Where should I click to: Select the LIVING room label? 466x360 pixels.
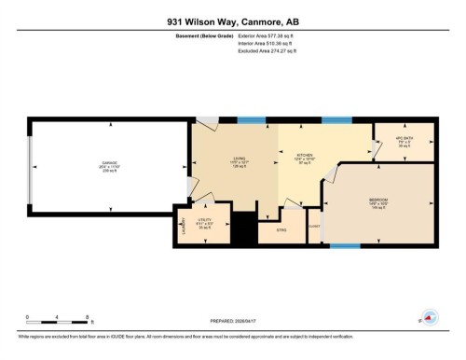coord(239,159)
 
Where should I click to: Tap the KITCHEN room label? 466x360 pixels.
coord(305,156)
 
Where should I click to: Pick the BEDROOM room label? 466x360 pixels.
coord(379,200)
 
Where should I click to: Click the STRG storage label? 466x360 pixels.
coord(283,228)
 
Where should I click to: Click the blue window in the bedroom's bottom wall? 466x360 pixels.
coord(345,246)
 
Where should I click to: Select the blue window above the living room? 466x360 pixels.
coord(250,119)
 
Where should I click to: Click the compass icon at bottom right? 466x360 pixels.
coord(430,317)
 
